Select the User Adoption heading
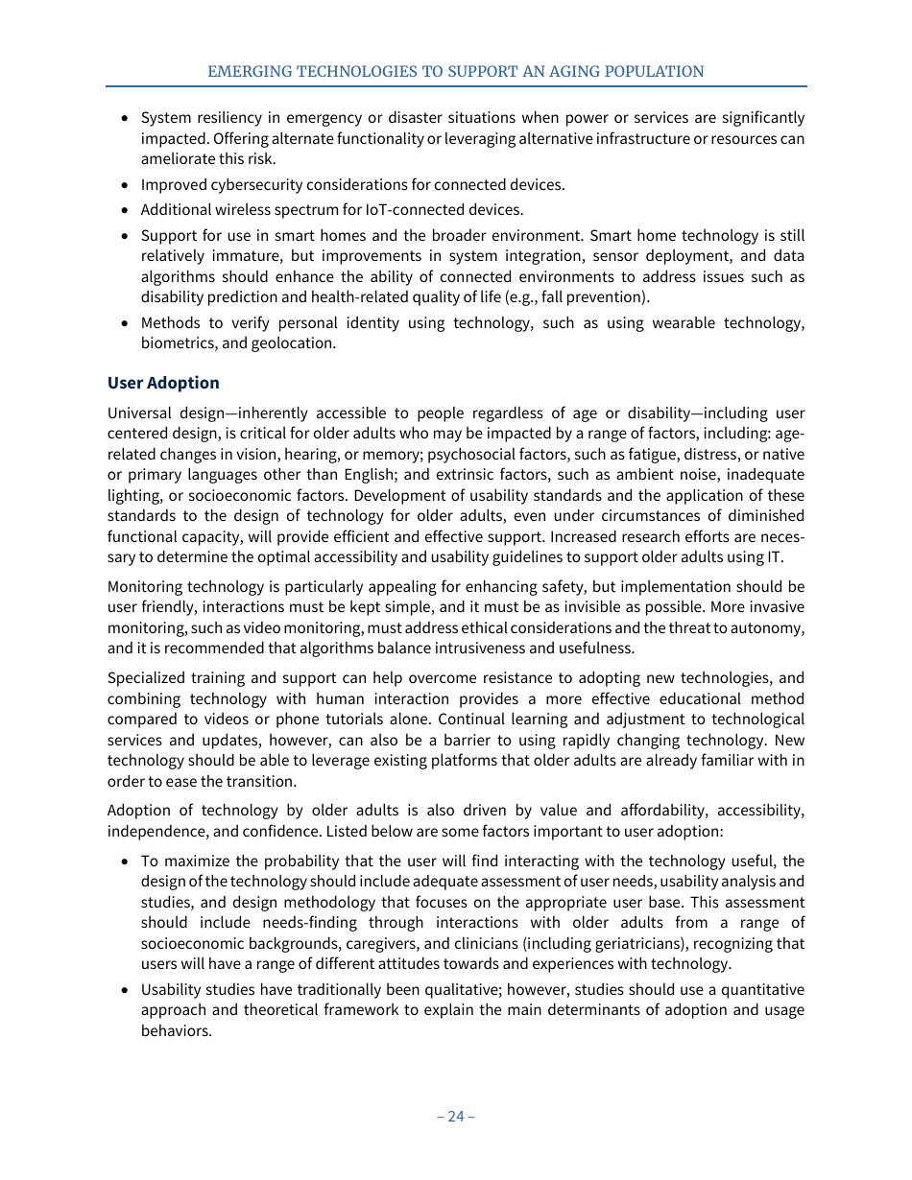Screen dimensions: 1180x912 [163, 383]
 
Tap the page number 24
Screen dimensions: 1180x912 [455, 1116]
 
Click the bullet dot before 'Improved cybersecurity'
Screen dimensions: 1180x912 [126, 185]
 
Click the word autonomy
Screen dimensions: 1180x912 [769, 627]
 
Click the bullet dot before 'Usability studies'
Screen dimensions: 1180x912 [126, 990]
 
